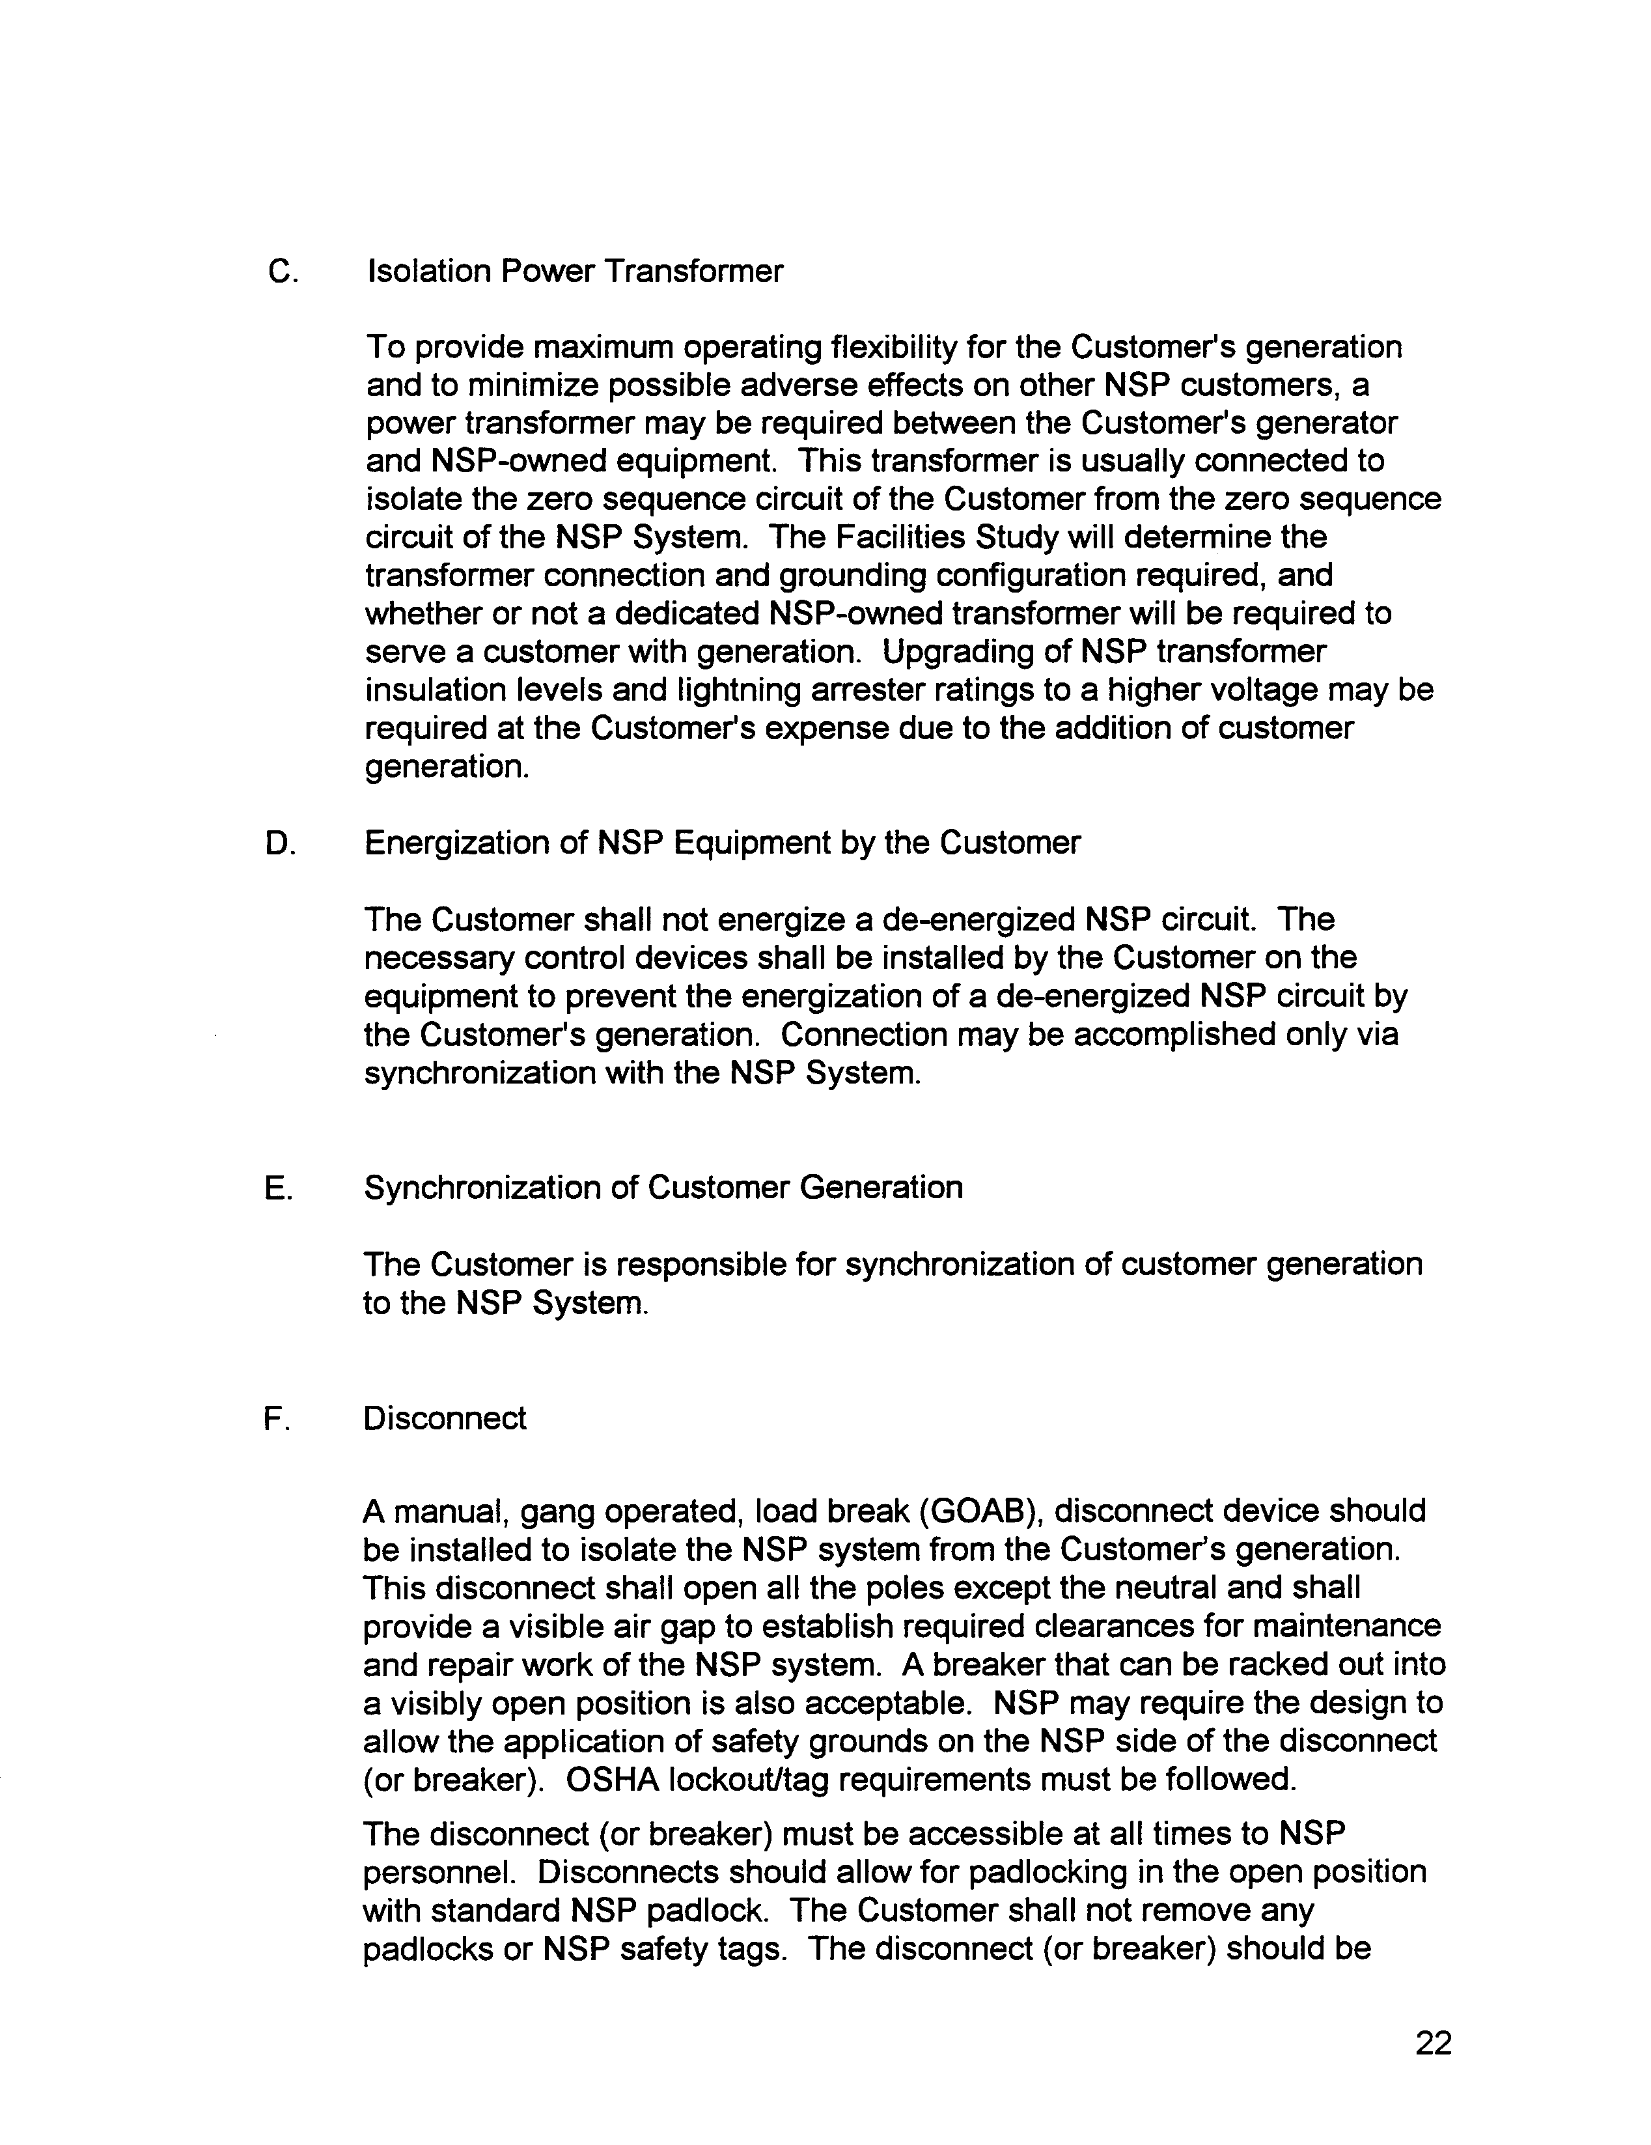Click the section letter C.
[281, 271]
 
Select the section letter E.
[278, 1188]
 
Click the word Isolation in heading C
[428, 271]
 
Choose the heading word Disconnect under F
[444, 1418]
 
